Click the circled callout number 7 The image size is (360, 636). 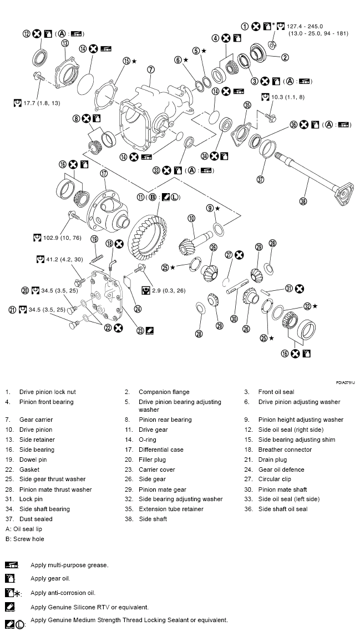click(150, 69)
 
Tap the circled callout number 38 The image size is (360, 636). click(303, 201)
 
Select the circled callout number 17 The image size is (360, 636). click(103, 174)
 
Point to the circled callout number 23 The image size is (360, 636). click(141, 331)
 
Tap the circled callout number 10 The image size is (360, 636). click(191, 219)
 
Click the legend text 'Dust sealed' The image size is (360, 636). click(36, 519)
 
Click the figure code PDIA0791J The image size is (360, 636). click(344, 382)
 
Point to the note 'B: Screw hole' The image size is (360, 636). click(25, 539)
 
